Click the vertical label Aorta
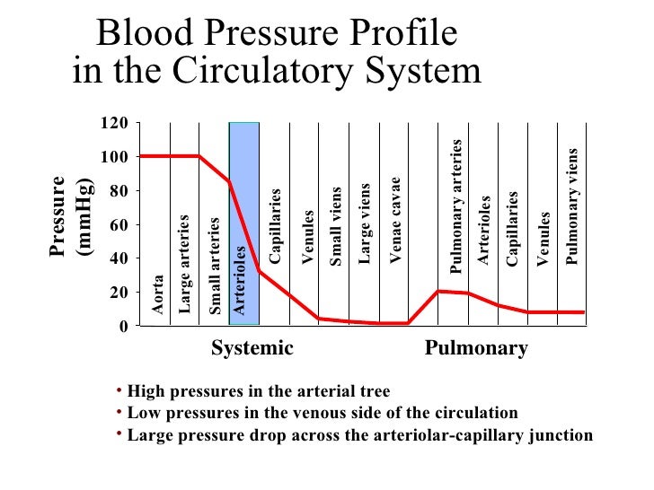[157, 295]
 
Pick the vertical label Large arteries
[185, 264]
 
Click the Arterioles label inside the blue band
[240, 280]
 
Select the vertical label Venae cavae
[394, 221]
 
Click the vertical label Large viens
[365, 223]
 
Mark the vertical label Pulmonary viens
[572, 206]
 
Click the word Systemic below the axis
[252, 349]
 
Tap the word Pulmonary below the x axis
[476, 349]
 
